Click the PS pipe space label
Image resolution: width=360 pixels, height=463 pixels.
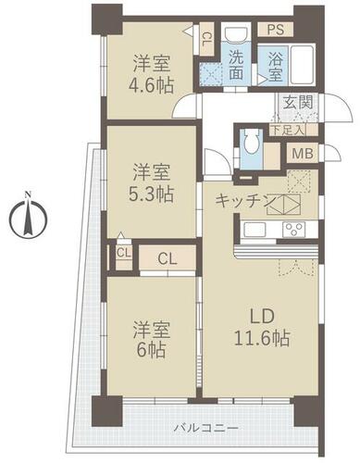[276, 30]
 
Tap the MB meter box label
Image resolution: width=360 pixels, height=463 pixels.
[303, 154]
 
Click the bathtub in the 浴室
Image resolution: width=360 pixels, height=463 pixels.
[303, 65]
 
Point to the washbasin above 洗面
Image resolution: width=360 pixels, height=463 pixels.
[236, 34]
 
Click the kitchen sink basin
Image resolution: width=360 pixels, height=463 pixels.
[254, 230]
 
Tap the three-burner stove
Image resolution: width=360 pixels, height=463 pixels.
[294, 230]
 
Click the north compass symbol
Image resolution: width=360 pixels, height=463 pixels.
[28, 216]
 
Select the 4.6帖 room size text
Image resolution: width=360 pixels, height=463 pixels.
[151, 86]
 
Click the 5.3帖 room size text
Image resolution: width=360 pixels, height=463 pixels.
[151, 194]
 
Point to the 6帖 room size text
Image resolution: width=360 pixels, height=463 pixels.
[151, 350]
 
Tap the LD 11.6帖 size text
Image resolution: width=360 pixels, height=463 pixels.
[262, 338]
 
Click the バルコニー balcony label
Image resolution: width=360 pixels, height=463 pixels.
[205, 429]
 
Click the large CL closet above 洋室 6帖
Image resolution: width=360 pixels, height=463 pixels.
[168, 258]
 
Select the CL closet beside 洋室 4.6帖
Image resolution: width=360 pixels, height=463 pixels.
[205, 39]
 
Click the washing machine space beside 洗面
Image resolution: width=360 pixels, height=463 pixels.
[210, 74]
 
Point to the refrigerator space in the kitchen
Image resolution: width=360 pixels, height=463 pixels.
[298, 181]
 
